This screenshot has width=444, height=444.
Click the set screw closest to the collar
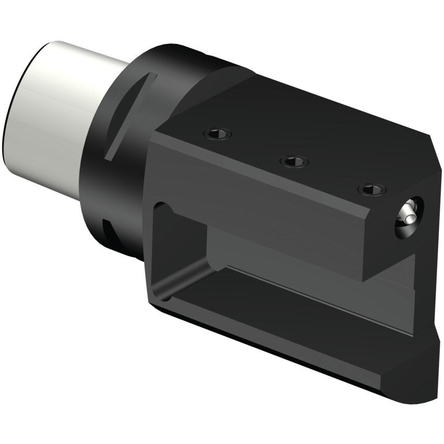(x=217, y=134)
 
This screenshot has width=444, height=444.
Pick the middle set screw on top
(x=294, y=161)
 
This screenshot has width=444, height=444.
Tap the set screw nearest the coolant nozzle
(x=372, y=189)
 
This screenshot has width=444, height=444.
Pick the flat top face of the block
(x=312, y=125)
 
